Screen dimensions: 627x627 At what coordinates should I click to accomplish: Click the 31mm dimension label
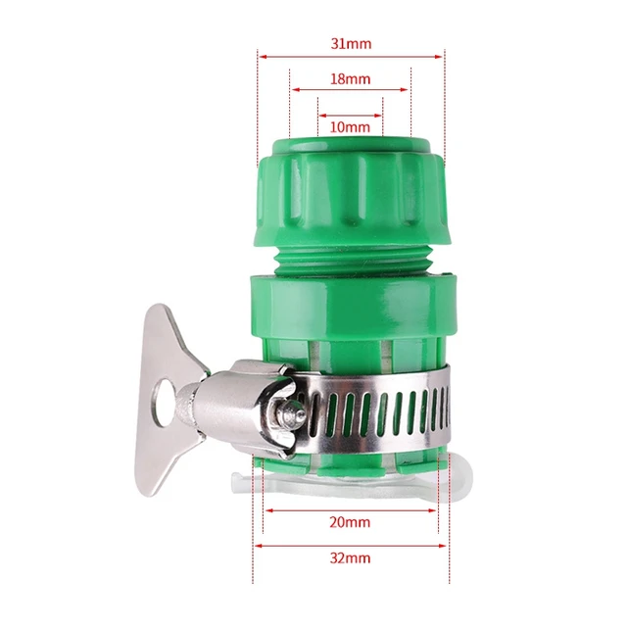351,44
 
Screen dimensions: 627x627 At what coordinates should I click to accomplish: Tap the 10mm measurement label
350,126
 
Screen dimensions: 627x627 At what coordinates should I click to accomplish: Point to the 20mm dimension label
350,522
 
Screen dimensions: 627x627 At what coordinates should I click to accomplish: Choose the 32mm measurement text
350,558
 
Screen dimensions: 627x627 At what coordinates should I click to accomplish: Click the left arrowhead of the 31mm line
262,56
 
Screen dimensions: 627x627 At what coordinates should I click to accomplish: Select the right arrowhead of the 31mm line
441,56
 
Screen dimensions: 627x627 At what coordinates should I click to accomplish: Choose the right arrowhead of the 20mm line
432,509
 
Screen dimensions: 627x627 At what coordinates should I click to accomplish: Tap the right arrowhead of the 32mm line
442,546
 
